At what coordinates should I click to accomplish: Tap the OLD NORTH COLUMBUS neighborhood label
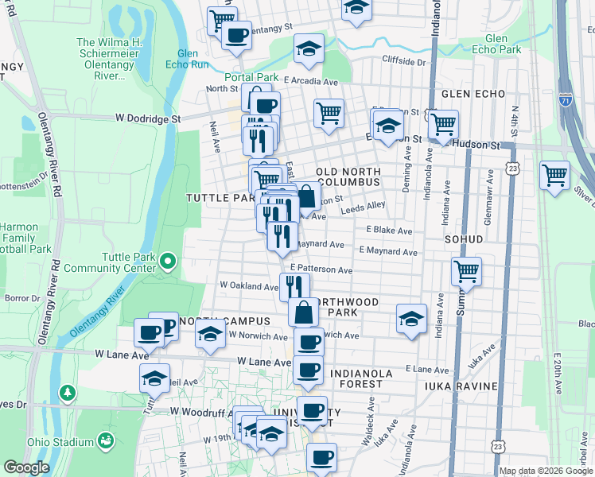(x=348, y=177)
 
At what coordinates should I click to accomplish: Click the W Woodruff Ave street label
(x=199, y=411)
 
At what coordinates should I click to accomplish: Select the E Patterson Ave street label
(x=321, y=270)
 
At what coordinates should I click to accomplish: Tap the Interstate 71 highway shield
(x=566, y=102)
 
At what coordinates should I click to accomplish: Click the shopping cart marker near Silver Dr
(x=554, y=175)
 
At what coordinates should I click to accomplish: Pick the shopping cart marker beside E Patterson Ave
(x=466, y=271)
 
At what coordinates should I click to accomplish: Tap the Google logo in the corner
(x=26, y=467)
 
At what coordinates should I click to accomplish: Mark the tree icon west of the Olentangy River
(x=68, y=392)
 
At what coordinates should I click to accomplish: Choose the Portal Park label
(x=251, y=77)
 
